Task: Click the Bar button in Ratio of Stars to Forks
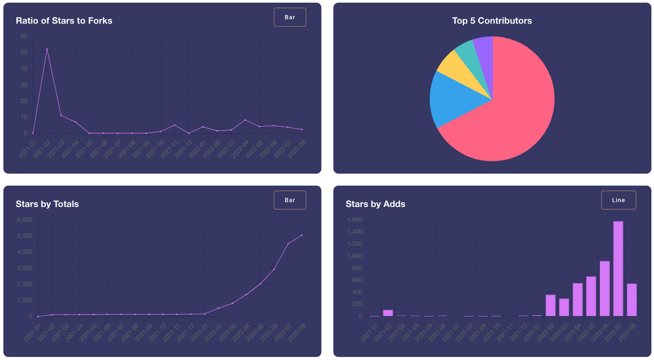click(290, 17)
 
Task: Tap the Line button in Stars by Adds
click(618, 200)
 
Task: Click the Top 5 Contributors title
click(492, 21)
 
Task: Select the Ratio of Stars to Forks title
click(64, 21)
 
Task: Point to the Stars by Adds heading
click(375, 204)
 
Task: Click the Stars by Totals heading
click(47, 204)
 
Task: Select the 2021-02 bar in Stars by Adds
click(388, 313)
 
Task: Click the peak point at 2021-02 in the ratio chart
click(47, 49)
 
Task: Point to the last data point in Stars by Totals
click(302, 235)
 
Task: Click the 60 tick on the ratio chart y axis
click(24, 37)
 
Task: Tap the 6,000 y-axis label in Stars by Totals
click(24, 220)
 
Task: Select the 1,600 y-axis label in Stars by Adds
click(354, 220)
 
